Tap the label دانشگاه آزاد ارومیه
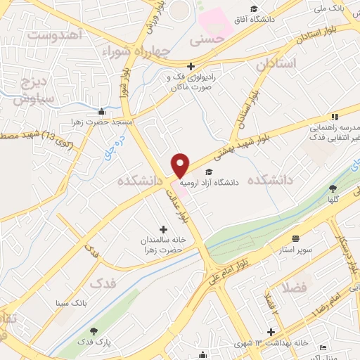click(210, 181)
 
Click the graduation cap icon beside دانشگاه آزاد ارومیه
click(207, 171)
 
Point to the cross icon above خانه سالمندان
click(163, 229)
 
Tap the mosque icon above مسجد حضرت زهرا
click(102, 111)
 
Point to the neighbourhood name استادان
click(276, 63)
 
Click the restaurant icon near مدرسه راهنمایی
click(335, 116)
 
